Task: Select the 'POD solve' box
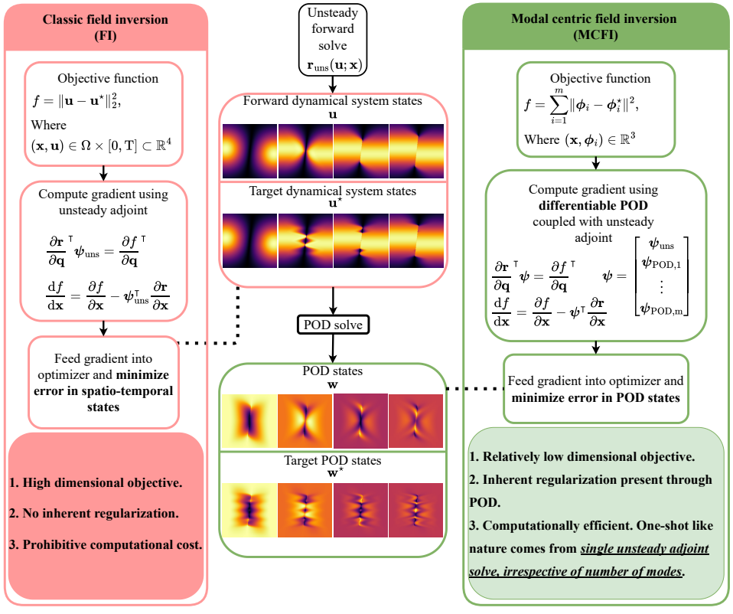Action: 332,325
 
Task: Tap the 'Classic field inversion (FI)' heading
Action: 105,25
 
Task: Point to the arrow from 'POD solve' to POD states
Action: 332,350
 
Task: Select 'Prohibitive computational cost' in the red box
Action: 106,545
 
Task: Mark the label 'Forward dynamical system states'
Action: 332,101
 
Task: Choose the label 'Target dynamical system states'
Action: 332,191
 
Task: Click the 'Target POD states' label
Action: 332,461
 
